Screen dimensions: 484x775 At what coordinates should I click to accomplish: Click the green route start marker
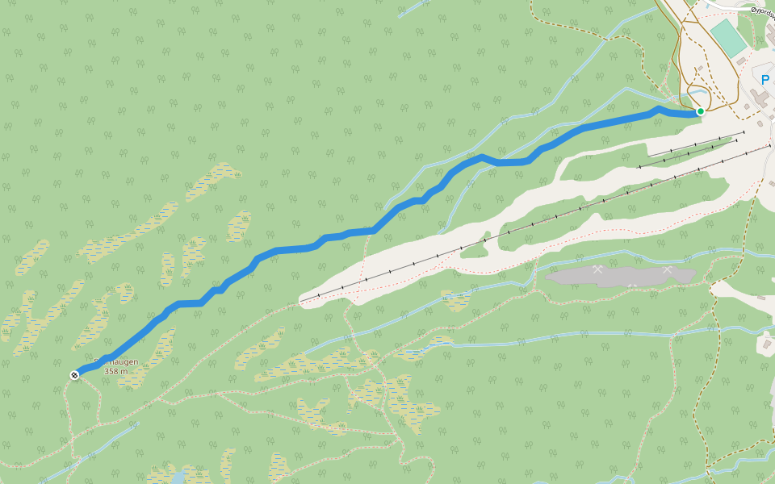701,111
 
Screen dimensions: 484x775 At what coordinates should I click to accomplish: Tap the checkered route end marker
75,375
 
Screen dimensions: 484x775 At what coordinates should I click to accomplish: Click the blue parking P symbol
765,80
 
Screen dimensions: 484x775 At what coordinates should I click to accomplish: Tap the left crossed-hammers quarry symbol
597,269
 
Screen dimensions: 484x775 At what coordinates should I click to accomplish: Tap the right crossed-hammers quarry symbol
668,269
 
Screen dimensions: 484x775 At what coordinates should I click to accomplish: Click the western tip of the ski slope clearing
304,300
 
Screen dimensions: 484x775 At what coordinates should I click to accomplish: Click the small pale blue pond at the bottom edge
177,478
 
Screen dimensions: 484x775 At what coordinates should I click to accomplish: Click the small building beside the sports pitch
741,61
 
